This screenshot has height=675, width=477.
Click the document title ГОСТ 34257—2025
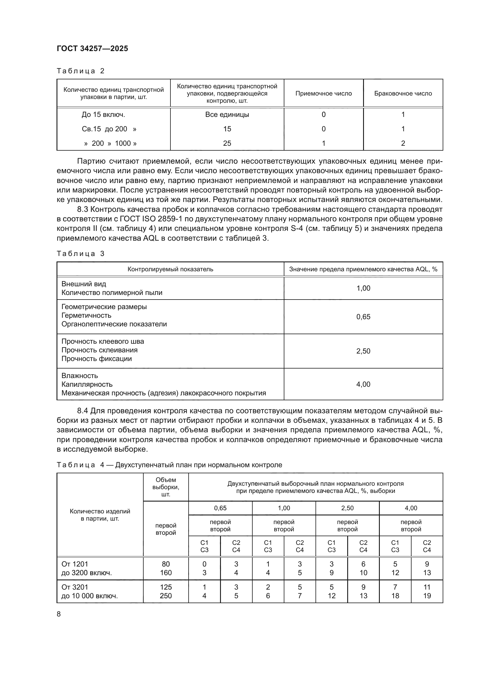92,48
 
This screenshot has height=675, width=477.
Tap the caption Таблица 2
80,71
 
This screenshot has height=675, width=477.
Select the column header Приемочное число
323,94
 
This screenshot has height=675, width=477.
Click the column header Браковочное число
403,94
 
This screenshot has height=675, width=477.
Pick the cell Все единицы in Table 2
227,115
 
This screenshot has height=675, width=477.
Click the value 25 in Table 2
227,143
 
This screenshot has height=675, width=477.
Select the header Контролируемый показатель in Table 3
170,269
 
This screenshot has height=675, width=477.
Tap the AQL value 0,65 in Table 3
363,317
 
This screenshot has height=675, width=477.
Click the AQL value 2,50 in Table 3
363,351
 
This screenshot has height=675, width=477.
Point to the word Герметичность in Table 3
86,315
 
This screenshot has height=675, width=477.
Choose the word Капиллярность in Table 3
87,384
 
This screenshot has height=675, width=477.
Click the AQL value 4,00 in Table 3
363,384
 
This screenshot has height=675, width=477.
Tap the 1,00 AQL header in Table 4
284,508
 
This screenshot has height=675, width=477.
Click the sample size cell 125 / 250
166,591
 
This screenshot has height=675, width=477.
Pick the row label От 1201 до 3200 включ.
86,568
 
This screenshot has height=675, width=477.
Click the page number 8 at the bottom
59,614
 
